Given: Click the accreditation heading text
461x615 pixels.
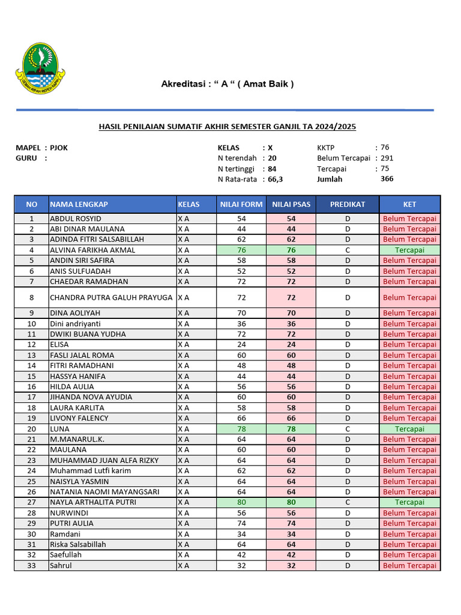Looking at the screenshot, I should pos(227,84).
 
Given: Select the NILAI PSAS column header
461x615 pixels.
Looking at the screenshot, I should pos(291,204).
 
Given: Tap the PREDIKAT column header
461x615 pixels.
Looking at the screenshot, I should pos(347,204).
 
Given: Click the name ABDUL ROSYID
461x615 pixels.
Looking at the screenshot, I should pos(76,219).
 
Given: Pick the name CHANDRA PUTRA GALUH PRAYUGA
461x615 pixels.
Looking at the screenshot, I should pos(111,297).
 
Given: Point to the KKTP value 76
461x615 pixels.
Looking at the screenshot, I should pos(385,147).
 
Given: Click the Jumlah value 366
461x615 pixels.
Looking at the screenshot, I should pos(387,179).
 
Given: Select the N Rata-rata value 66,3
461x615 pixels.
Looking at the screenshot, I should pos(276,179).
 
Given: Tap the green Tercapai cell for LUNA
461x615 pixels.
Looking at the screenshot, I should pos(409,429).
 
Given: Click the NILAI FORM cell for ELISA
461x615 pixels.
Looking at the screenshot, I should pos(241,345).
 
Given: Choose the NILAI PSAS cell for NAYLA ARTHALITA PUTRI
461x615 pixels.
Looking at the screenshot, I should pos(291,502).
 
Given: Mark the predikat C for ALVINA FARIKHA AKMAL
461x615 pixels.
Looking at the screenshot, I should pos(347,250).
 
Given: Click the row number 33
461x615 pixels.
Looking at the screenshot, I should pos(32,565).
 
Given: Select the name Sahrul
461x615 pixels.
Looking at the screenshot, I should pos(61,565).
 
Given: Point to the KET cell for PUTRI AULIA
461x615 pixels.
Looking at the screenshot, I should pos(409,523).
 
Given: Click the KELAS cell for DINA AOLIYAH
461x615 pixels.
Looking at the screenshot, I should pos(183,313).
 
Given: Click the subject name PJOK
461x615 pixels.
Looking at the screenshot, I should pos(59,148).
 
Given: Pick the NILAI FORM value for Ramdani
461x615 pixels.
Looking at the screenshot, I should pos(241,534).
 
